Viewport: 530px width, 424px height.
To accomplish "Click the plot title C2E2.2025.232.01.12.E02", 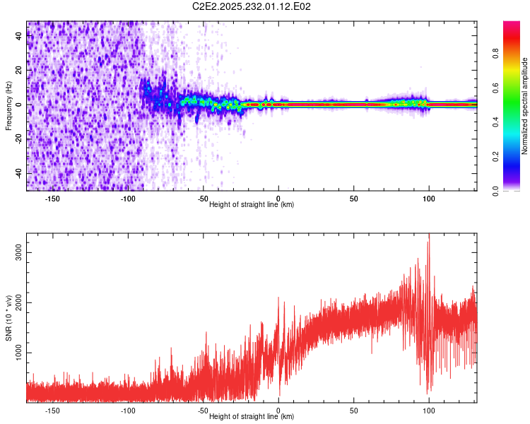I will tap(252, 6).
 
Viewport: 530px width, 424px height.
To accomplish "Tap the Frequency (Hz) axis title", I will tap(8, 106).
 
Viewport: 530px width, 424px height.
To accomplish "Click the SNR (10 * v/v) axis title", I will tap(8, 318).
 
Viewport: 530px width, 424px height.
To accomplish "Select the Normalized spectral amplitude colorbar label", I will tap(525, 106).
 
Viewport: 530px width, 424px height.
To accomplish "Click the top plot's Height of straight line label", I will tap(252, 204).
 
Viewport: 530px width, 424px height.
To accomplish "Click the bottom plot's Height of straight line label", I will tap(252, 416).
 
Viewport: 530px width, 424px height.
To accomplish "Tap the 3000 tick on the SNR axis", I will tap(19, 252).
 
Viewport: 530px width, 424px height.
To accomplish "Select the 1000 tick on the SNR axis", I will tap(19, 353).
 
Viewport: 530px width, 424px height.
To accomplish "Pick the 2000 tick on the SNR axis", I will tap(19, 302).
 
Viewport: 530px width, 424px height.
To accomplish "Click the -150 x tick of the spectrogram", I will tap(52, 198).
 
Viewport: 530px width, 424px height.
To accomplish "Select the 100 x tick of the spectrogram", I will tap(429, 198).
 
